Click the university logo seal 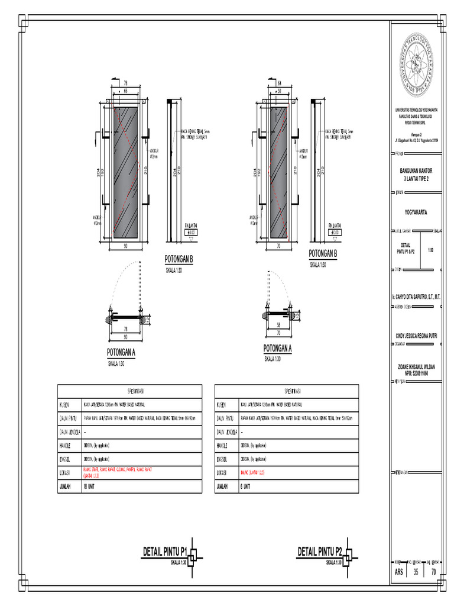pos(417,65)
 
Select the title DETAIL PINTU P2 pos(320,552)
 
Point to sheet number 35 pos(416,572)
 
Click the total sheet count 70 pos(433,572)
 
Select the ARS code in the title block pos(399,572)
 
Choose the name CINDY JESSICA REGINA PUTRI pos(417,335)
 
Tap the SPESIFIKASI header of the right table pos(286,391)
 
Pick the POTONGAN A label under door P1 pos(121,353)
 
